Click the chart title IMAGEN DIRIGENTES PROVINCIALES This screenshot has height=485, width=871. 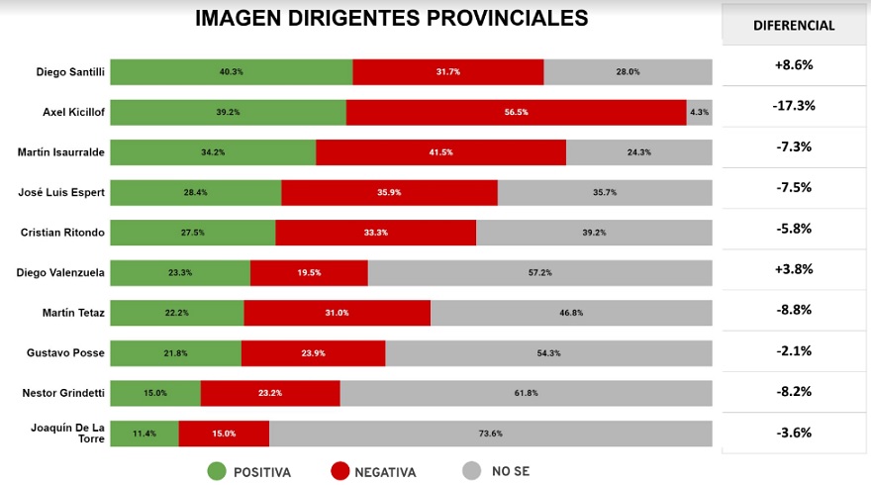coord(391,19)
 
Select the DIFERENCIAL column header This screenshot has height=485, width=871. coord(794,26)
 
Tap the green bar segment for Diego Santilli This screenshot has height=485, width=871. coord(231,72)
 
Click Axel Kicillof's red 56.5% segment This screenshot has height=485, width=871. coord(516,112)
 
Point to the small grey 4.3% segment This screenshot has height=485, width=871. coord(699,112)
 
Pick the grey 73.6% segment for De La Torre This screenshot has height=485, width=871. coord(490,434)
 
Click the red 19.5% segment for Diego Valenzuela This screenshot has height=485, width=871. coord(309,272)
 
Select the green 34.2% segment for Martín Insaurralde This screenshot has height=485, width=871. coord(213,152)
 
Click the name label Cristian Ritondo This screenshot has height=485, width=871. coord(63,233)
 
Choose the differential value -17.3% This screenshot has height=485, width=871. coord(794,105)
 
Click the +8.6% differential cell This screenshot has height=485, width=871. coord(794,65)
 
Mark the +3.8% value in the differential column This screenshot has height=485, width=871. coord(794,268)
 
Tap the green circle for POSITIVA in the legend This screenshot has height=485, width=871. coord(217,471)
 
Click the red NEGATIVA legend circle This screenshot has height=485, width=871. coord(339,471)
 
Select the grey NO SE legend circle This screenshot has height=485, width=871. coord(472,471)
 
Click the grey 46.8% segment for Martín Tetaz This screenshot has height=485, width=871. coord(571,313)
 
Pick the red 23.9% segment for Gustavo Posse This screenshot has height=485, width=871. coord(313,353)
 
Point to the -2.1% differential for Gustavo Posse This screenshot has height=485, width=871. coord(794,350)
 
